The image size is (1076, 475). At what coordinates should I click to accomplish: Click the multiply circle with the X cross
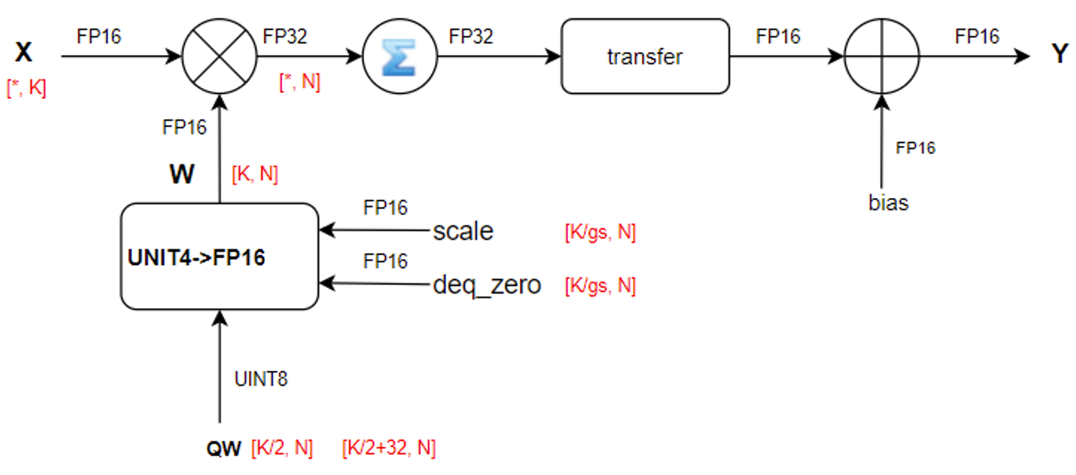point(219,57)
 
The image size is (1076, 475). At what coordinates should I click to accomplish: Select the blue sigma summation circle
point(400,57)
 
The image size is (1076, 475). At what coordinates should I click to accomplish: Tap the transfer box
point(645,57)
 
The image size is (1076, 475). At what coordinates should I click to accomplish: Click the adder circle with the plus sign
point(881,57)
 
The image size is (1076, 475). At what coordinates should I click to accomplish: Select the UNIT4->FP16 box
point(219,257)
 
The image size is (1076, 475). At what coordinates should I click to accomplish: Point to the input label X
point(23,52)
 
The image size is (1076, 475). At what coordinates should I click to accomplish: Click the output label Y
point(1059,54)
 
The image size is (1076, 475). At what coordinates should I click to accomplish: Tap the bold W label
point(182,174)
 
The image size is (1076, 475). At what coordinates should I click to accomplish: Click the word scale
point(463,231)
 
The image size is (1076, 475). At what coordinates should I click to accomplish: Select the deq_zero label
point(486,285)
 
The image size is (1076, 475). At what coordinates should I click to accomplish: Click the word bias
point(888,203)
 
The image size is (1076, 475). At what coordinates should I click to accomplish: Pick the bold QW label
point(223,448)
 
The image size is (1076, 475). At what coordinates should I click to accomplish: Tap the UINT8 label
point(261,379)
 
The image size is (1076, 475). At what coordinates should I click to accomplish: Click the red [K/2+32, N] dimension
point(389,448)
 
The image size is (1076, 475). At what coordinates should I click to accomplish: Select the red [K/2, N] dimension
point(282,448)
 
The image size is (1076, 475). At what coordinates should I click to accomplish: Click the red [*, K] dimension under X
point(26,88)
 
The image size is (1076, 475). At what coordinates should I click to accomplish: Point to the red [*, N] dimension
point(300,82)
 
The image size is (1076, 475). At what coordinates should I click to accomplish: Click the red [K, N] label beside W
point(255,174)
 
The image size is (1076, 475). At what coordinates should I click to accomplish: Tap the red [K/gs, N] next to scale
point(600,231)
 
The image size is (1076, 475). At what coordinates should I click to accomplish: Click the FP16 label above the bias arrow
point(915,148)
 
